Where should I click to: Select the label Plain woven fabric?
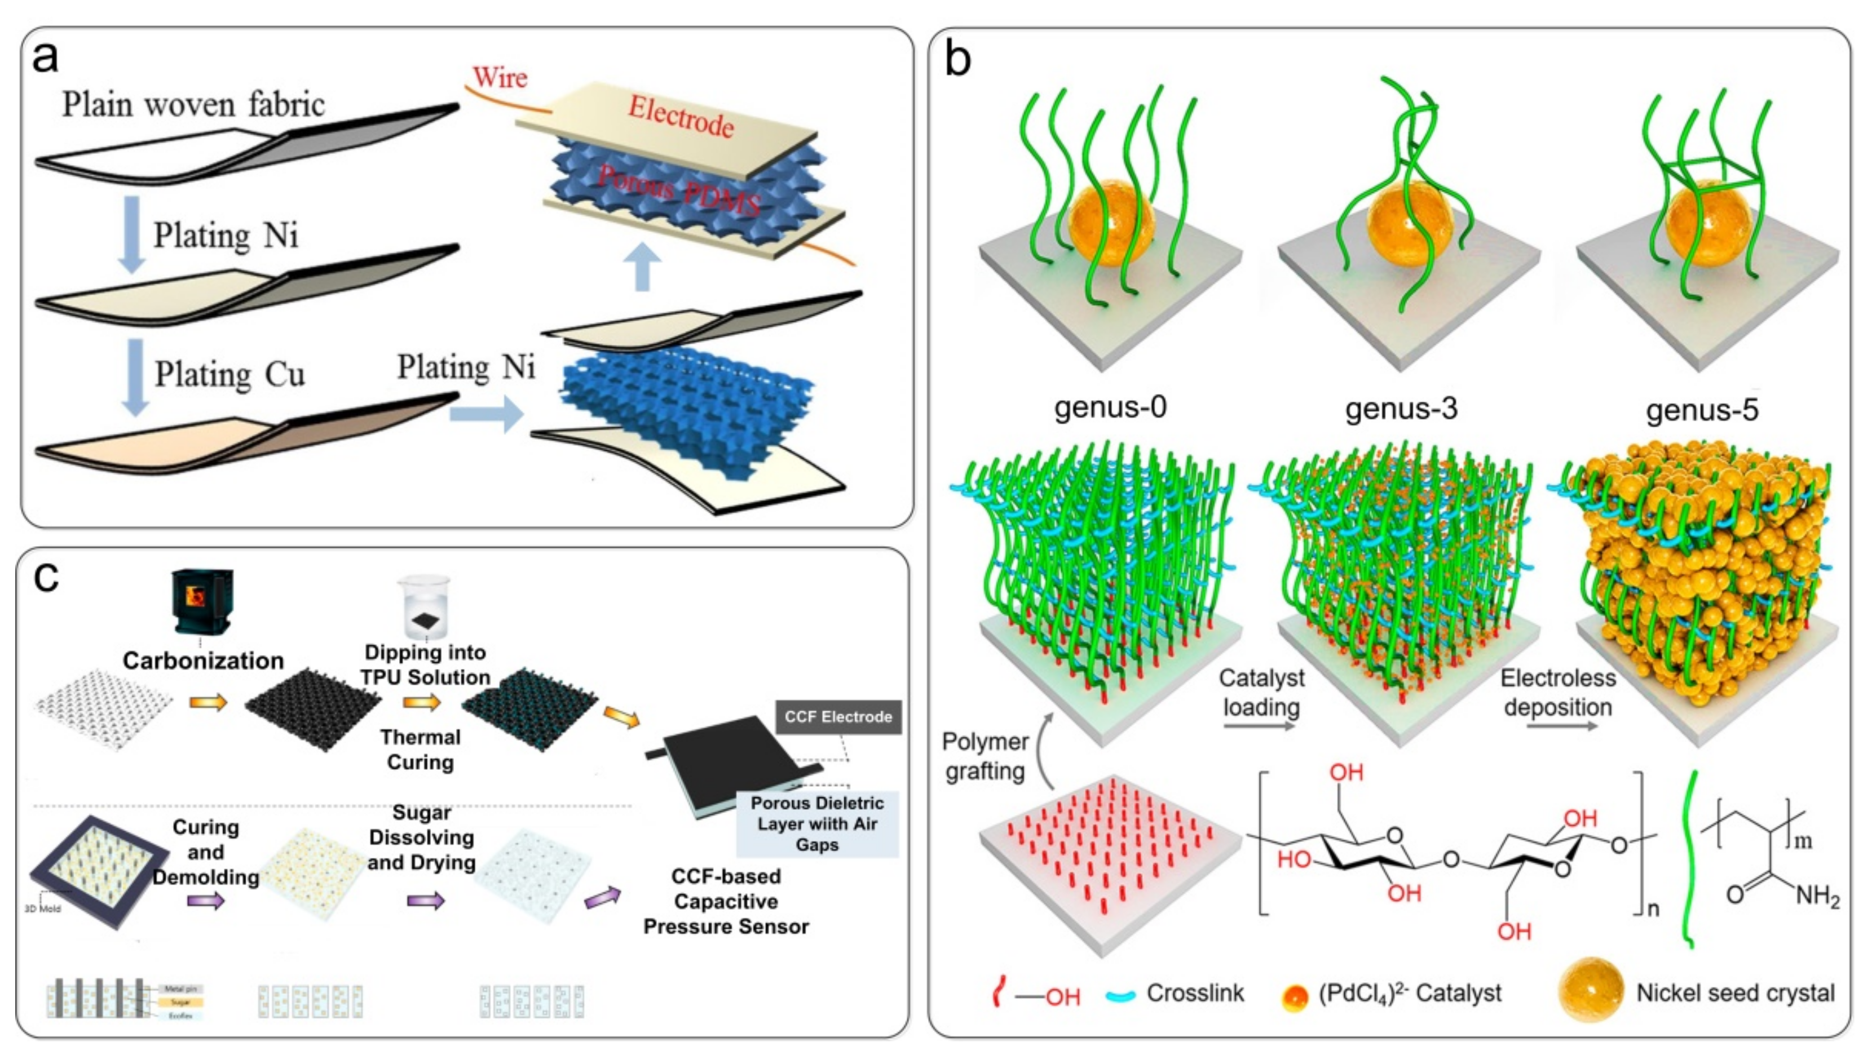[x=193, y=104]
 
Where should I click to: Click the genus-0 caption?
[x=1110, y=407]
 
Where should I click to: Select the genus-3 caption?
[x=1401, y=409]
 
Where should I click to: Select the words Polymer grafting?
[x=985, y=756]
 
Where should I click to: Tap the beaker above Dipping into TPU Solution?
[x=425, y=607]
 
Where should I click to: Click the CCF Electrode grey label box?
[x=838, y=717]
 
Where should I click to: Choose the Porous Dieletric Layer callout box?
[x=817, y=824]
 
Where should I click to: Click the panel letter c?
[x=46, y=578]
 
